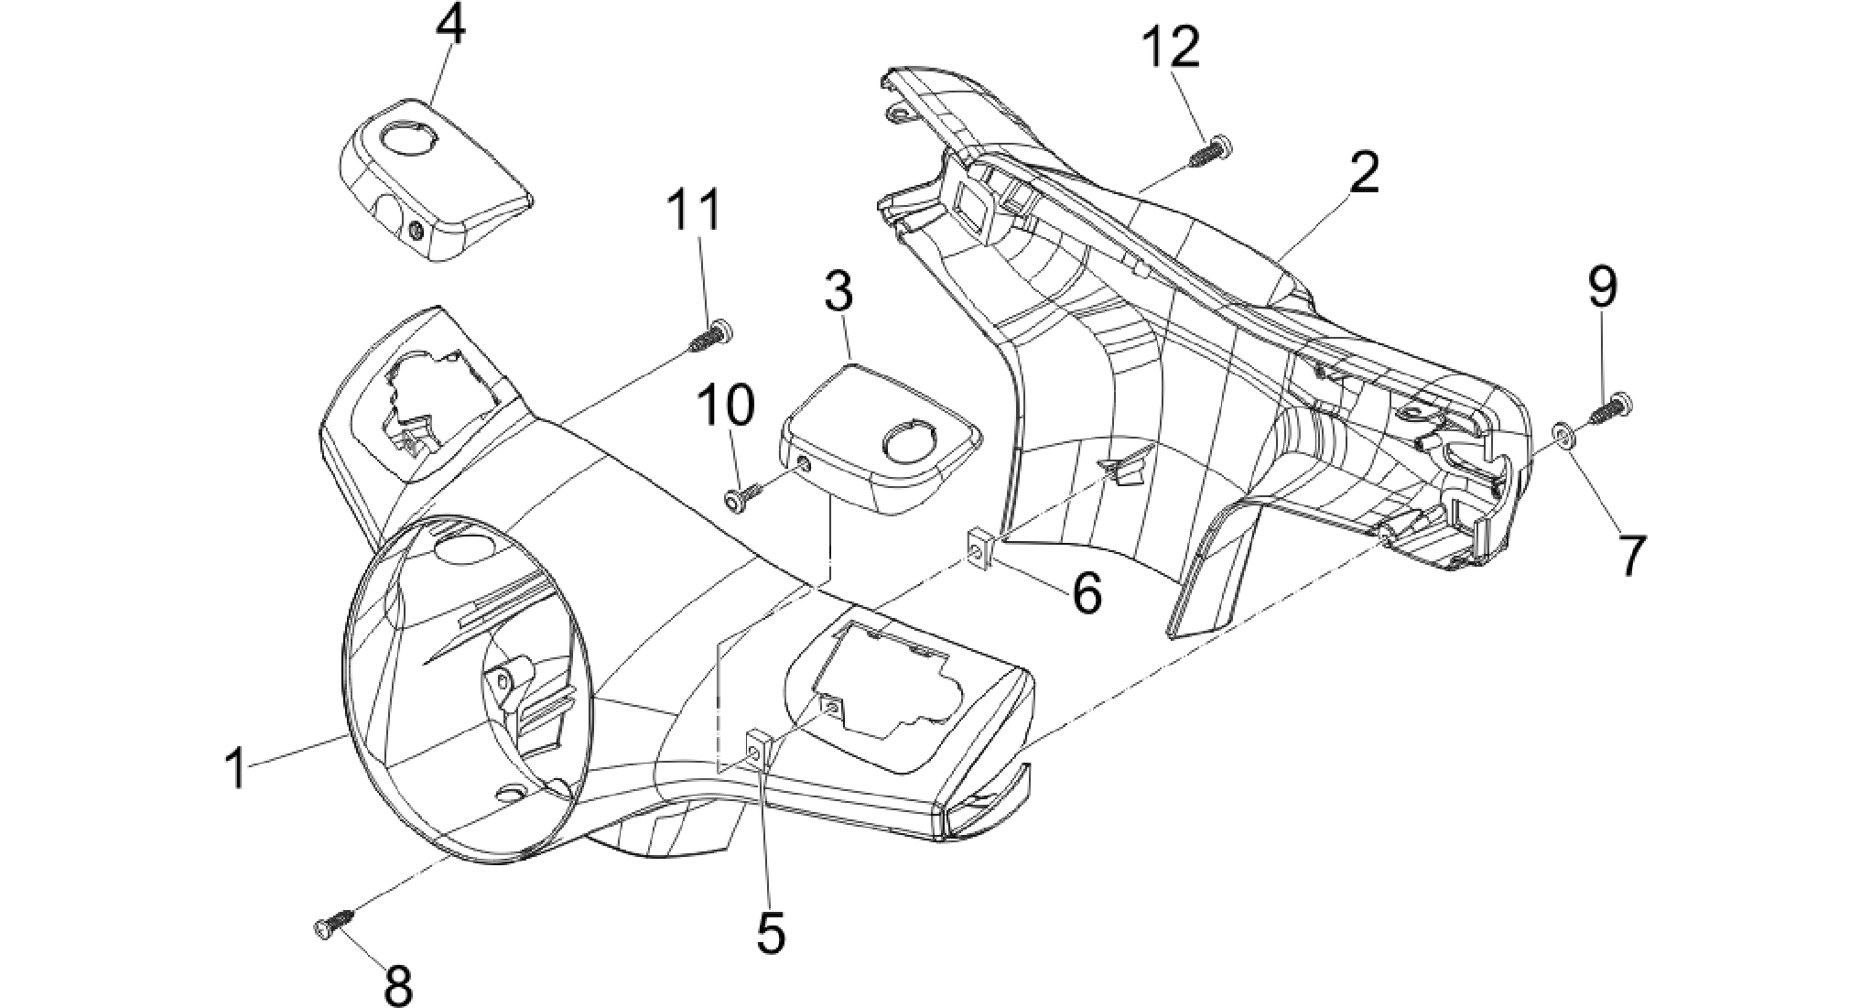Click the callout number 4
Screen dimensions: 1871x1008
[449, 27]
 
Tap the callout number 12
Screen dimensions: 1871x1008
[1172, 48]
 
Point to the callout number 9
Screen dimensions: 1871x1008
[1602, 287]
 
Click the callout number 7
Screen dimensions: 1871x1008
[1630, 556]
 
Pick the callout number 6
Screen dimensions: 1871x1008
[1087, 593]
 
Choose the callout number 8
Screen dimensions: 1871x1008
[398, 987]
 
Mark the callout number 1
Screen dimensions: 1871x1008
[237, 769]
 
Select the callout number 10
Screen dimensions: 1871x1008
[727, 405]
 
